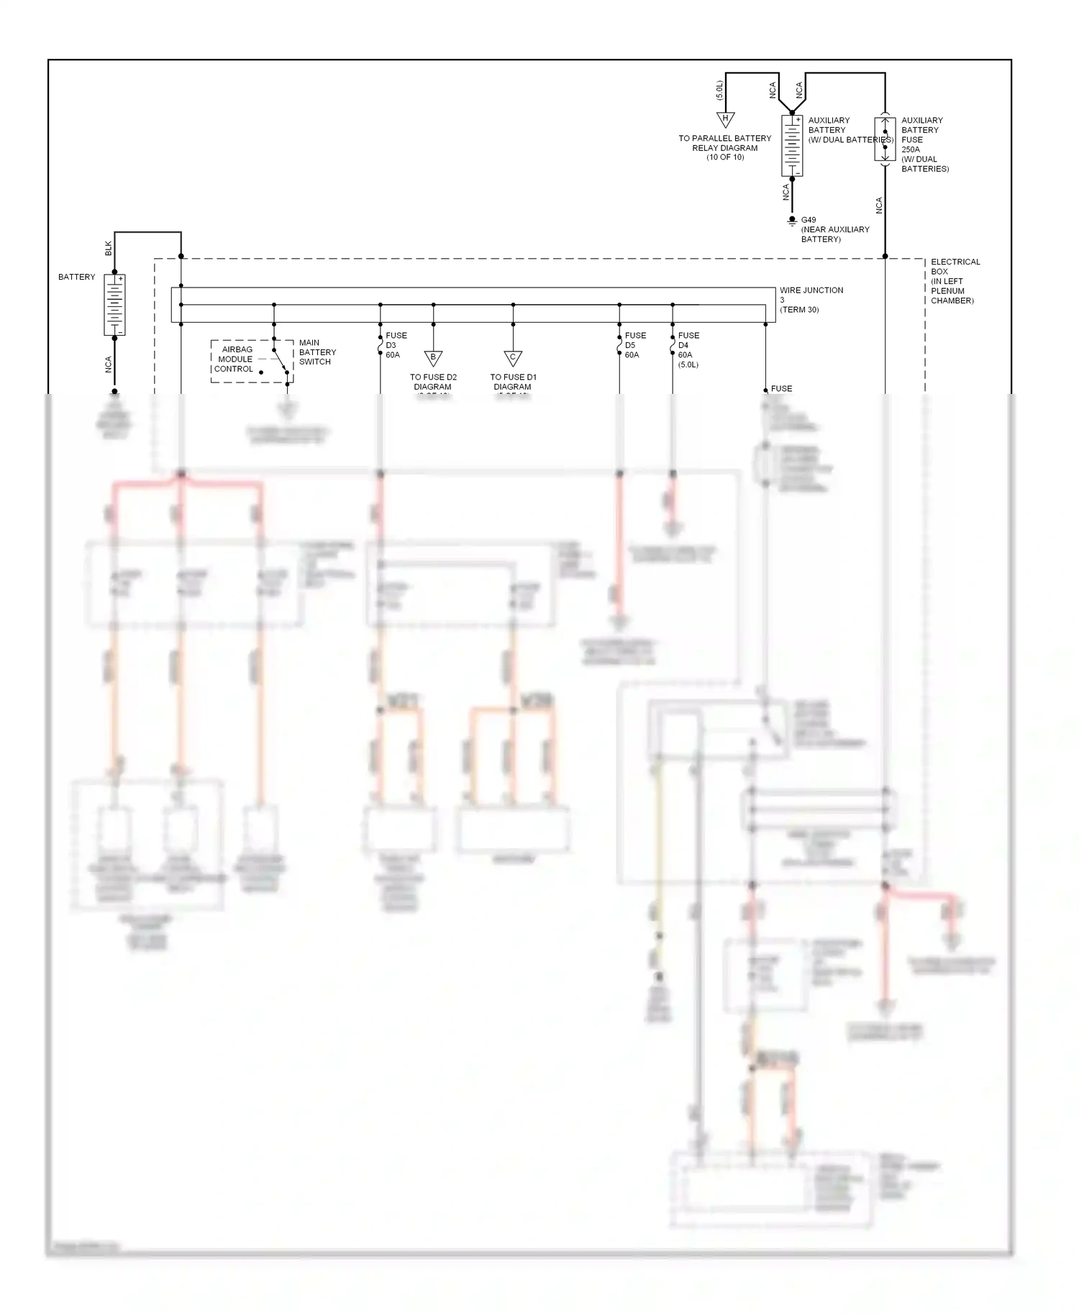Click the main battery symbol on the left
point(114,305)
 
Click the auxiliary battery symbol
point(792,145)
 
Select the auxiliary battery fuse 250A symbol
point(885,140)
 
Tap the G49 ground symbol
point(792,221)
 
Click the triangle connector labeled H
point(725,119)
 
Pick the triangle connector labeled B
point(433,357)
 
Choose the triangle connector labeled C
point(513,357)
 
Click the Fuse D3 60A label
point(396,345)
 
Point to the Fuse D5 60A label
point(635,345)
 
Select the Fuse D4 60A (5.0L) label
point(688,349)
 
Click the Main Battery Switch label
point(317,352)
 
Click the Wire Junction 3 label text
point(811,300)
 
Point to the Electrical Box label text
point(955,281)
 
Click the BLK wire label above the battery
point(109,248)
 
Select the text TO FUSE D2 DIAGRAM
point(433,382)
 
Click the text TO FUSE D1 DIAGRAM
point(513,382)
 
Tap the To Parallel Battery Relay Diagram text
point(724,147)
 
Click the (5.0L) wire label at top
point(719,90)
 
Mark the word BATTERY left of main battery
point(76,277)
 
